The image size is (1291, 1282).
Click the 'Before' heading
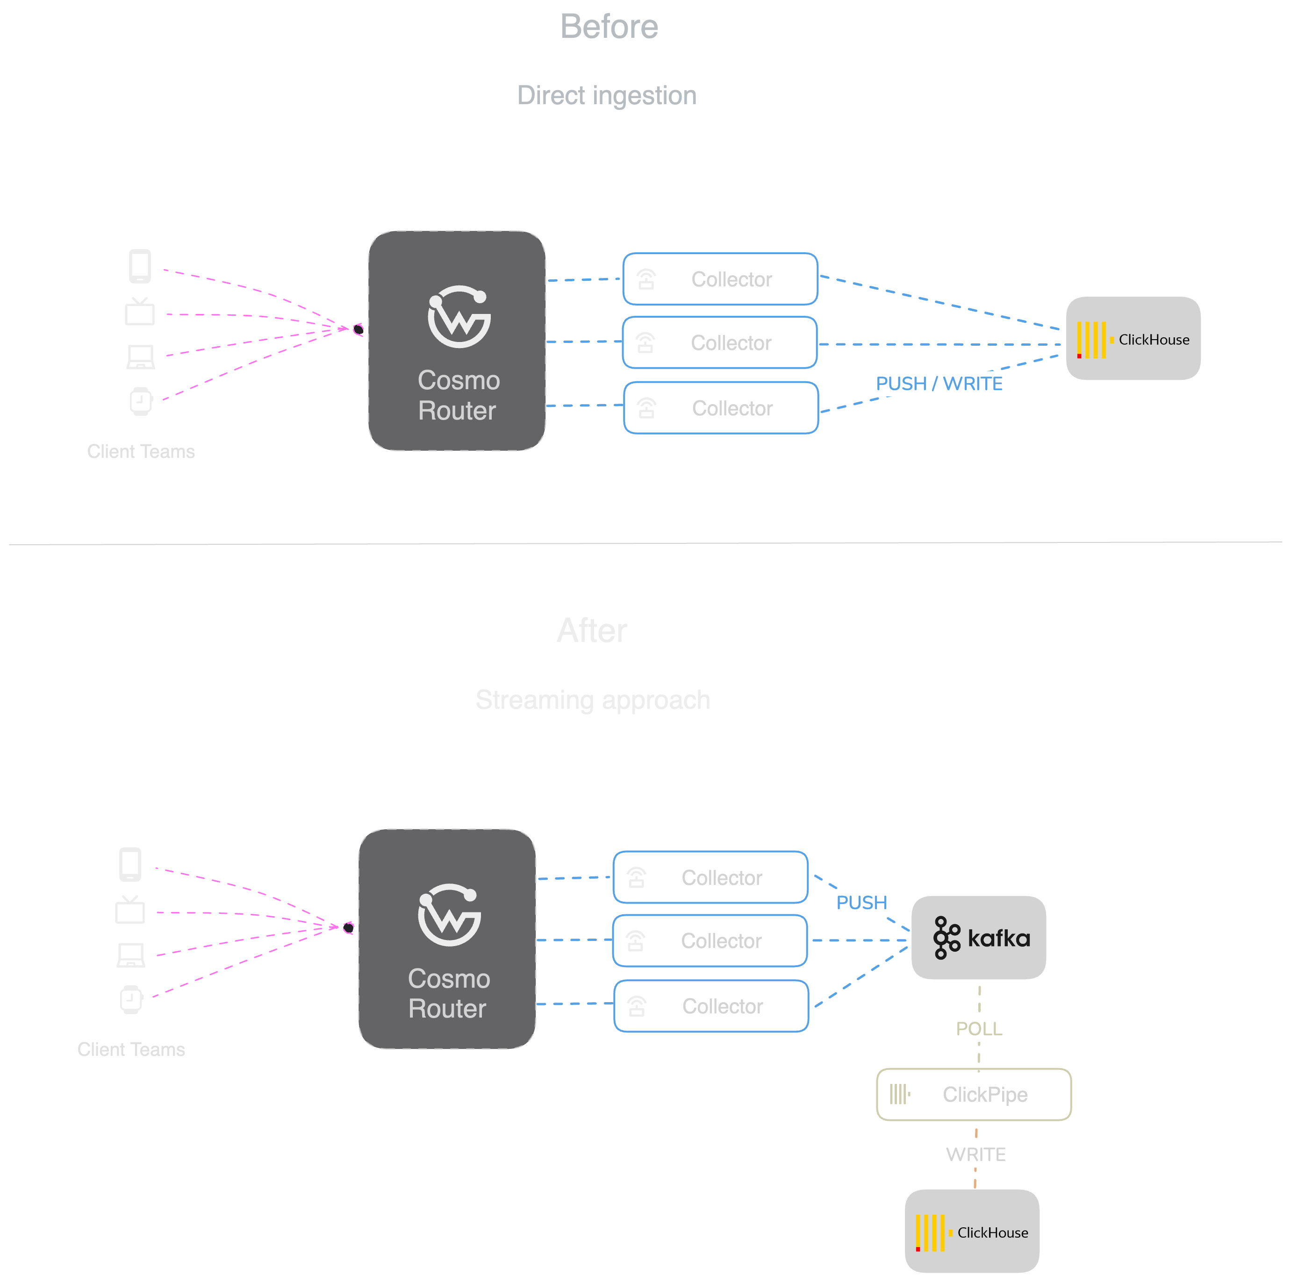point(609,27)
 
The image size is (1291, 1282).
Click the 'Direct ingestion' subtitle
point(607,95)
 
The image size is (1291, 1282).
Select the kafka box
point(978,937)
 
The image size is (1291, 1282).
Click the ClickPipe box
point(974,1094)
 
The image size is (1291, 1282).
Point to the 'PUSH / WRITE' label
point(939,384)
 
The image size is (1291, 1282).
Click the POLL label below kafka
point(979,1029)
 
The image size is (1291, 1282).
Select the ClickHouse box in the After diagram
point(972,1231)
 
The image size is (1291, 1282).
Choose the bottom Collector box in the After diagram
point(710,1006)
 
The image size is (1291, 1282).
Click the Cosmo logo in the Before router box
point(459,317)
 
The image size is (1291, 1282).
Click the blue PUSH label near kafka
point(861,903)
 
